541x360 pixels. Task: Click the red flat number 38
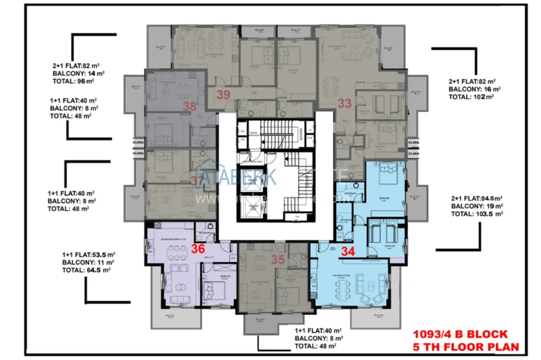pyautogui.click(x=190, y=107)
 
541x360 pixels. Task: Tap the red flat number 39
pyautogui.click(x=223, y=95)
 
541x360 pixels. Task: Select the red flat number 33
pyautogui.click(x=344, y=102)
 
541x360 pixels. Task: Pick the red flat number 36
pyautogui.click(x=198, y=250)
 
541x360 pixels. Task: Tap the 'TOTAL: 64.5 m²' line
pyautogui.click(x=87, y=270)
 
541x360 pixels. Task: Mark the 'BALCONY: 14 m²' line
pyautogui.click(x=79, y=73)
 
